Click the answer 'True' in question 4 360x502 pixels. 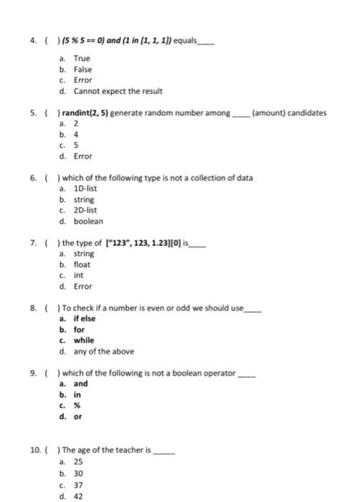(82, 57)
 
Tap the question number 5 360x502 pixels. (34, 113)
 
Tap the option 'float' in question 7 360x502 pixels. (82, 265)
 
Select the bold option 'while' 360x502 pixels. (84, 340)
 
